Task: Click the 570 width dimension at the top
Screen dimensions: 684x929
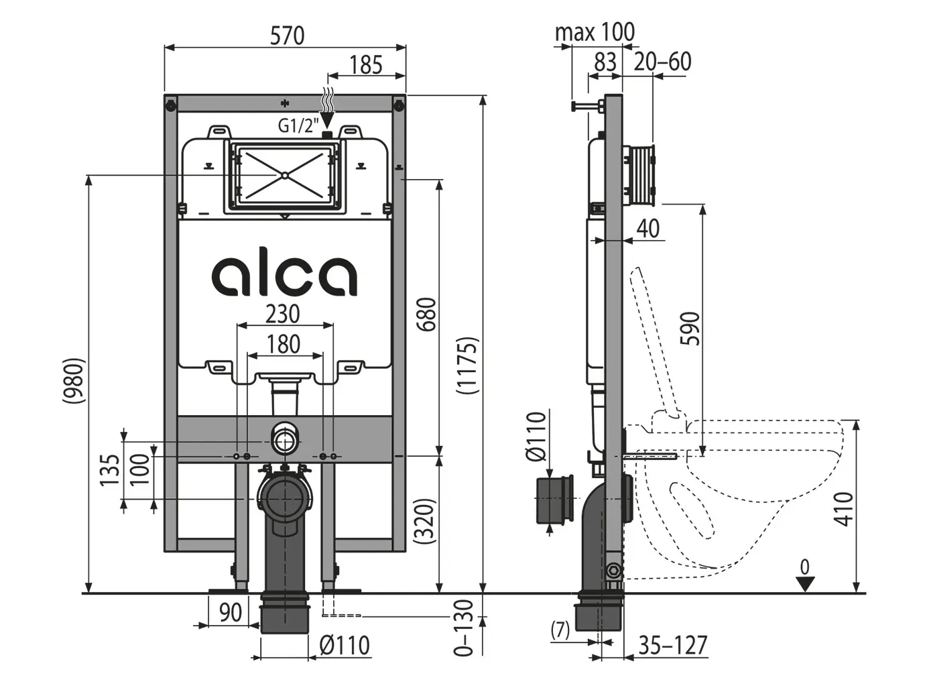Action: tap(287, 35)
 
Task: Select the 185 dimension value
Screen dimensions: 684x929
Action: tap(366, 65)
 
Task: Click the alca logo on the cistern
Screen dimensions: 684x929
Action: tap(285, 275)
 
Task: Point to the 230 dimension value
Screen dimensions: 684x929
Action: tap(283, 314)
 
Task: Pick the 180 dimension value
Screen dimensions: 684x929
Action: tap(283, 344)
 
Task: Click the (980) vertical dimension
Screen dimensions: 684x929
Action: tap(73, 380)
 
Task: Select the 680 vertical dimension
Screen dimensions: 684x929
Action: tap(426, 314)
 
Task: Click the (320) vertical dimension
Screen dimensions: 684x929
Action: tap(426, 520)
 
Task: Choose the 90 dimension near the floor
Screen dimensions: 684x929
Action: tap(230, 612)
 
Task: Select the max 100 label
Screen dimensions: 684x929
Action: tap(595, 32)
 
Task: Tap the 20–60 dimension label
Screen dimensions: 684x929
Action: tap(662, 62)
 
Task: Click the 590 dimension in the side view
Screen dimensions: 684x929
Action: tap(691, 328)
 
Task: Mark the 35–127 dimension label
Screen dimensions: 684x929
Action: tap(672, 645)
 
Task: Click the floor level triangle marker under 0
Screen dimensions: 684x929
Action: tap(805, 584)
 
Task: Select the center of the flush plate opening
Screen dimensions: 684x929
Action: tap(284, 176)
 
